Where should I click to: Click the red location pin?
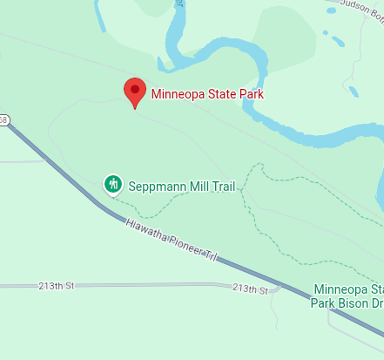[134, 91]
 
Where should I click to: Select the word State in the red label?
[224, 94]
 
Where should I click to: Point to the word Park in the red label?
[252, 94]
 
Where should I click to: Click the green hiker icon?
[112, 184]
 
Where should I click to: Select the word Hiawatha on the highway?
[145, 230]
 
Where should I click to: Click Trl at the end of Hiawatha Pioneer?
[210, 256]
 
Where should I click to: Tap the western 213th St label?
[58, 286]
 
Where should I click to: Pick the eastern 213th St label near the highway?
[250, 289]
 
